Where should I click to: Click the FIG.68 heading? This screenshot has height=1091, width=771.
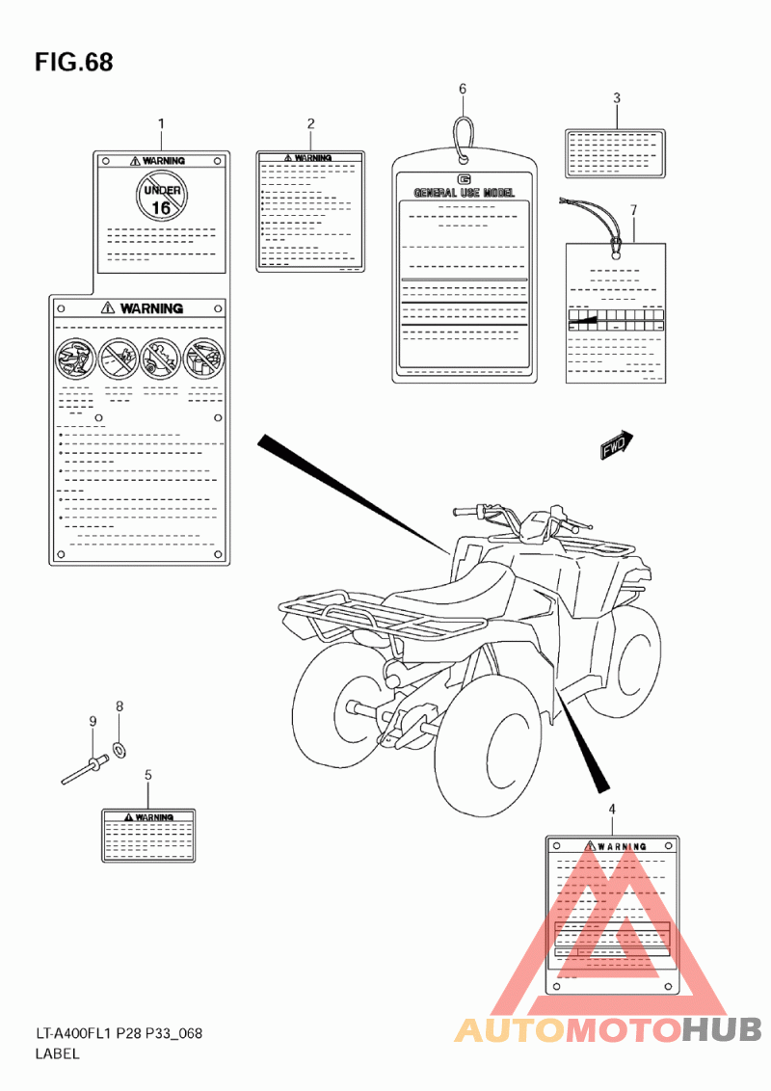[74, 63]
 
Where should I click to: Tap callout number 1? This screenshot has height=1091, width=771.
[161, 123]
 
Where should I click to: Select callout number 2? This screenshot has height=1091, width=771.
[311, 123]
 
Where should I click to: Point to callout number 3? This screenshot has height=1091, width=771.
[617, 97]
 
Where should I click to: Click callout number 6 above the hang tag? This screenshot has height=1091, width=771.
[463, 89]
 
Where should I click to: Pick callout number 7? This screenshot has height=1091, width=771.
[633, 209]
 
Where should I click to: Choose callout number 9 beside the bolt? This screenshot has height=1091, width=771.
[93, 721]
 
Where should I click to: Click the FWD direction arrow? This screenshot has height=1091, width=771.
[615, 445]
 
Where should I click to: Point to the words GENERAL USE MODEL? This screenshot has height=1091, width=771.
[464, 193]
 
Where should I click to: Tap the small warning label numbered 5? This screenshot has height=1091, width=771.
[148, 835]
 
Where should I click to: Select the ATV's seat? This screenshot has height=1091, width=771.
[463, 585]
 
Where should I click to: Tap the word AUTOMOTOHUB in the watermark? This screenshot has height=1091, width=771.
[608, 1030]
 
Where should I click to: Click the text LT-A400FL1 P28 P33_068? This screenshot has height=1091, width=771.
[119, 1034]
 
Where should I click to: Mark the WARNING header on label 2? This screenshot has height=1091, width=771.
[310, 157]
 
